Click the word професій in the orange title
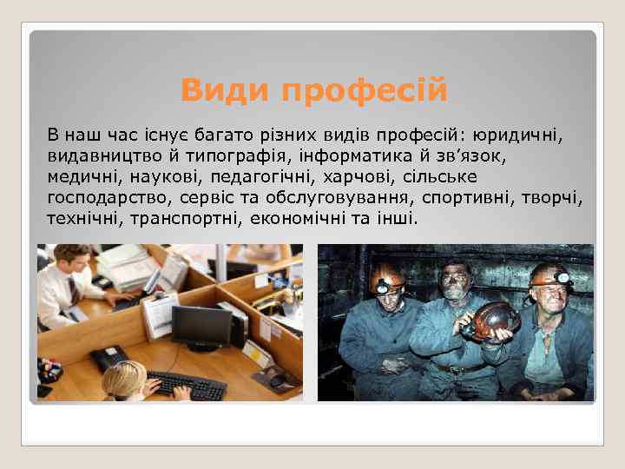(362, 89)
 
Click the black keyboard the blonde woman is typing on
(186, 385)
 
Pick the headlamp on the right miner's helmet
(563, 276)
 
